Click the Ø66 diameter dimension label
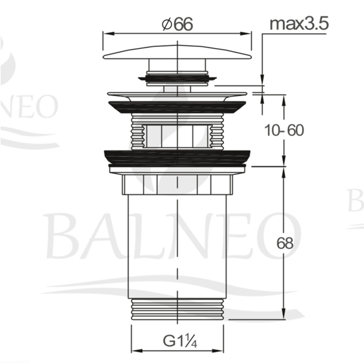177,24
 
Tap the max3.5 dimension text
299,24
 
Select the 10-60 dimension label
284,130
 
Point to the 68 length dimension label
285,243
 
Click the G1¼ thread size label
180,341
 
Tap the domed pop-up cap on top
177,52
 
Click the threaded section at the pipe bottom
177,309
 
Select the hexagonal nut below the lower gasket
177,185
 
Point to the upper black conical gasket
177,107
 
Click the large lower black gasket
177,158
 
